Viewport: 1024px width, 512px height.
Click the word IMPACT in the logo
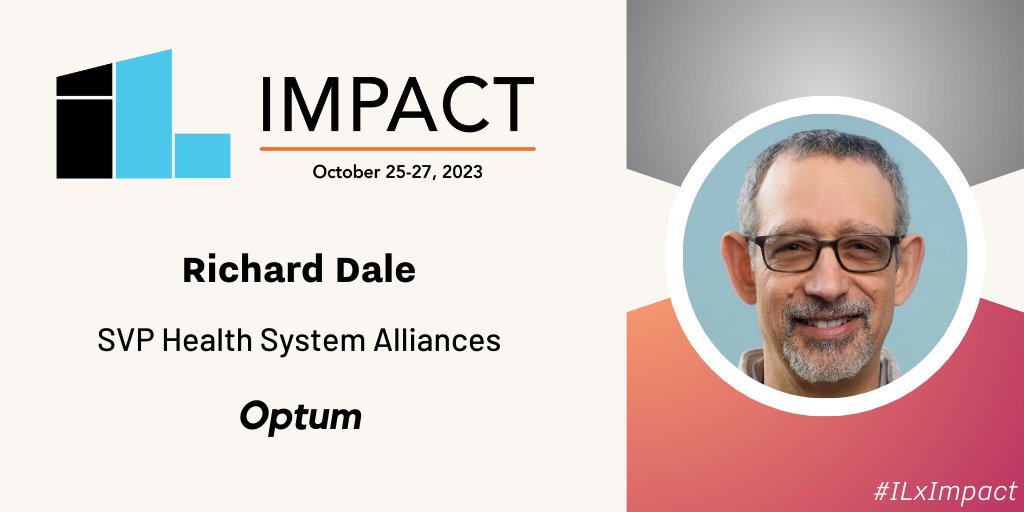396,104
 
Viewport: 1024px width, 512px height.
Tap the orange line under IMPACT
397,149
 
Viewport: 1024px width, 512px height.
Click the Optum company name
300,417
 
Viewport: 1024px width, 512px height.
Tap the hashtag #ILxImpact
946,490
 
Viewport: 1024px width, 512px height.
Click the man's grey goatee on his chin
823,355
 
